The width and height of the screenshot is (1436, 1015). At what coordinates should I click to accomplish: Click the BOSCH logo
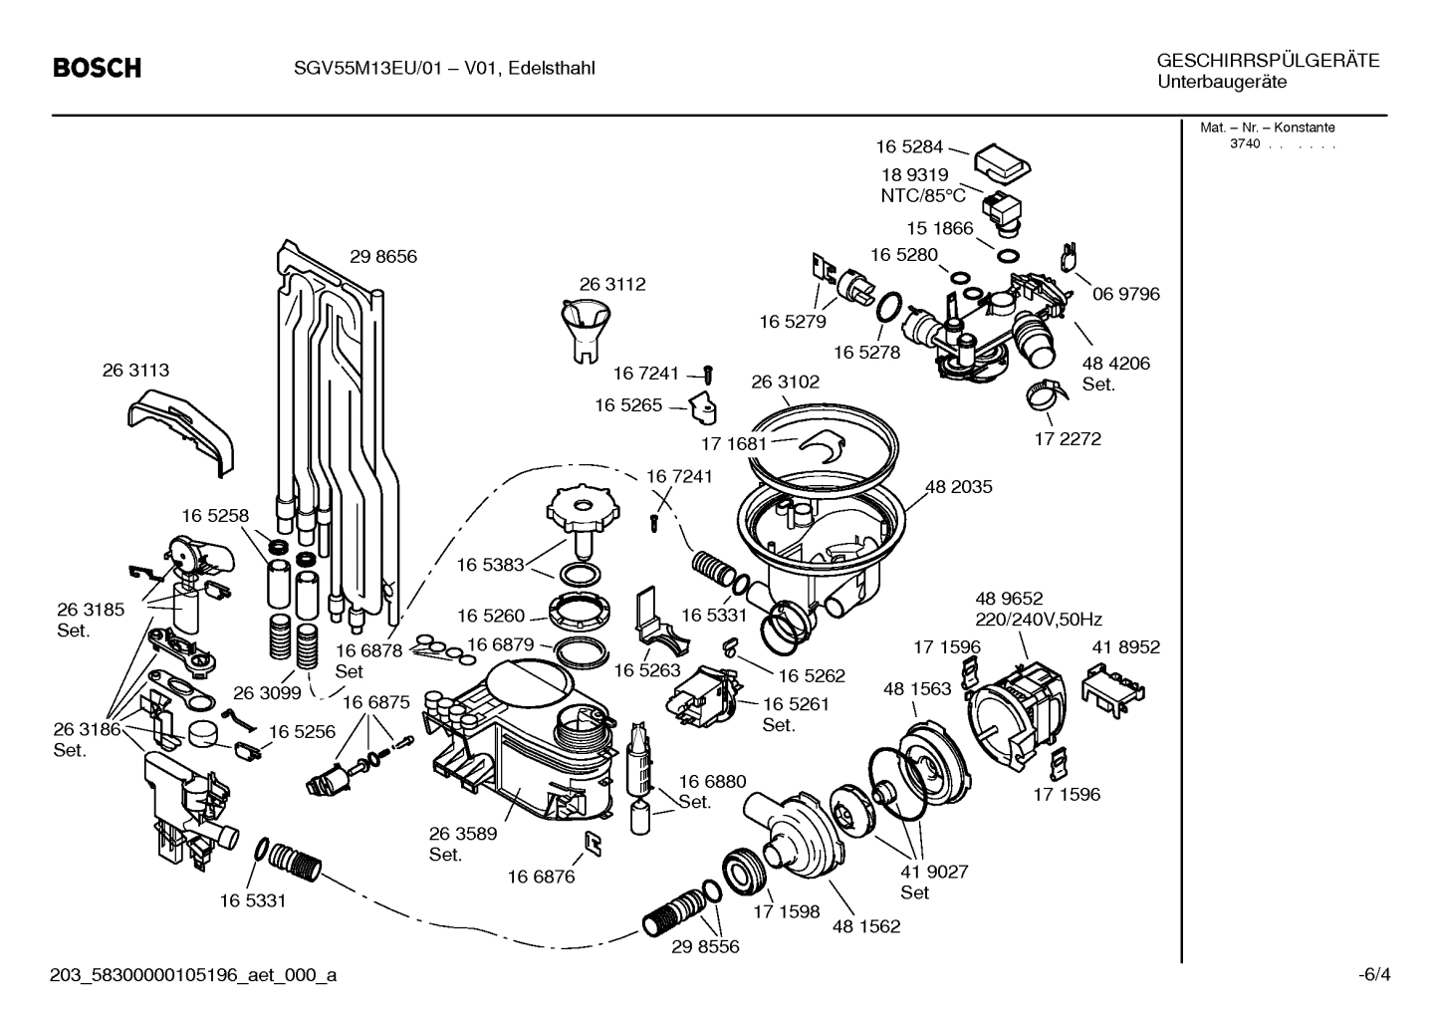(97, 68)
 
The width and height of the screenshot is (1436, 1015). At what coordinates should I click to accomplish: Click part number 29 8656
(382, 256)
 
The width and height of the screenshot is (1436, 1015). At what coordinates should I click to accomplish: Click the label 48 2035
(958, 487)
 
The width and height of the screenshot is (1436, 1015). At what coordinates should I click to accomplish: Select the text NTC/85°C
(922, 196)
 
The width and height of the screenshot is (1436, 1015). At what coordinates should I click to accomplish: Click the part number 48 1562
(865, 925)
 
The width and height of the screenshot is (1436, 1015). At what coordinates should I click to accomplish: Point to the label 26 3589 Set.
(462, 844)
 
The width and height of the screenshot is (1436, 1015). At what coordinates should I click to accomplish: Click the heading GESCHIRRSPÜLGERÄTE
(1268, 61)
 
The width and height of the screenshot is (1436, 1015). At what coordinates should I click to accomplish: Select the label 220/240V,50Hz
(1038, 619)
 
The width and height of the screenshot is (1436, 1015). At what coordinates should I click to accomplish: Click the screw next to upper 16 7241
(708, 373)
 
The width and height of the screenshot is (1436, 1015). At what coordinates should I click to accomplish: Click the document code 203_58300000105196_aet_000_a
(192, 975)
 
